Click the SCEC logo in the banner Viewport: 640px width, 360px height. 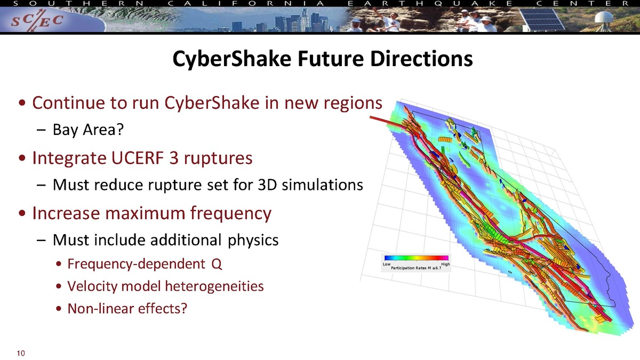37,21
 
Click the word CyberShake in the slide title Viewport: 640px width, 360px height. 231,59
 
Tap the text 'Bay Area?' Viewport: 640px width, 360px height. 89,130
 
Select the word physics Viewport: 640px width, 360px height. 253,241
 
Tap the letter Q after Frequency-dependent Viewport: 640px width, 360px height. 217,264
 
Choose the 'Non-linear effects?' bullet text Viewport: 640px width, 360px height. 127,308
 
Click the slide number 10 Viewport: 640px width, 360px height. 21,354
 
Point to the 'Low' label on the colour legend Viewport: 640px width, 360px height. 387,264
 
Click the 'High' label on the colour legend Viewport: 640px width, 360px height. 445,264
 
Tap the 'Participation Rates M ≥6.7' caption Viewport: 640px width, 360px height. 416,268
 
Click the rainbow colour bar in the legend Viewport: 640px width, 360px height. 417,258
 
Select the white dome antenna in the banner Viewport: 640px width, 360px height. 604,19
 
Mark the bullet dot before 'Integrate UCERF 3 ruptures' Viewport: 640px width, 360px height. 22,158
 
